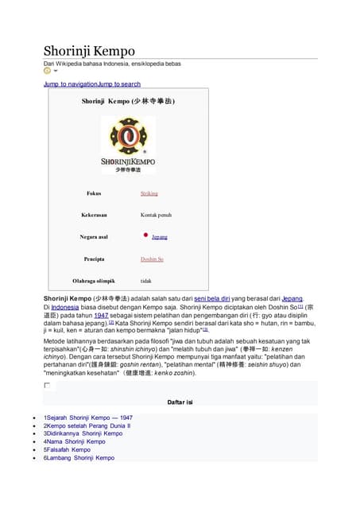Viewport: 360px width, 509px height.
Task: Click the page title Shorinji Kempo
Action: point(89,51)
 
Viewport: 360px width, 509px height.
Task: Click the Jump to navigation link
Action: point(71,84)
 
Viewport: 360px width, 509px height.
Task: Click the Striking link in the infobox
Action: point(149,192)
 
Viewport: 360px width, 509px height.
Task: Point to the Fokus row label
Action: point(94,192)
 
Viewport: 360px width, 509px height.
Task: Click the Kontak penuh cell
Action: point(156,215)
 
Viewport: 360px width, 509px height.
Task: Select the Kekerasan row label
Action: point(94,215)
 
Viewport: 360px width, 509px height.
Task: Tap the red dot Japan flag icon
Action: point(146,235)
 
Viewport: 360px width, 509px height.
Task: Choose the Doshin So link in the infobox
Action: point(152,258)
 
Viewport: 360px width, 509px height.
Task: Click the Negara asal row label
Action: point(94,236)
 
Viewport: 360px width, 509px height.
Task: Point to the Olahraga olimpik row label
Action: point(94,280)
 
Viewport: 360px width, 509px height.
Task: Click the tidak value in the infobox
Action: point(146,280)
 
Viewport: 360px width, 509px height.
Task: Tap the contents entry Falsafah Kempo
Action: point(70,449)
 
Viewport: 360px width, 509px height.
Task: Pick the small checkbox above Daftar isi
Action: point(47,386)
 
